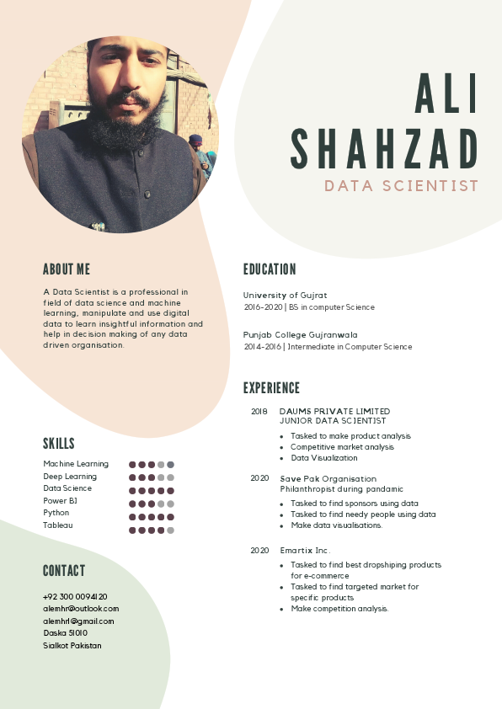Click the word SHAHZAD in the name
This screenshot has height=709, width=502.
tap(385, 149)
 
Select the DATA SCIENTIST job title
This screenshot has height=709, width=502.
tap(401, 186)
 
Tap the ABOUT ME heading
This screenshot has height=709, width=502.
tap(67, 269)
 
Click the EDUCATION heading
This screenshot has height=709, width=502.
tap(270, 269)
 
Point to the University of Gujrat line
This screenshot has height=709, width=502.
tap(285, 296)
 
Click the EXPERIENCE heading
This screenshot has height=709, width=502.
tap(271, 388)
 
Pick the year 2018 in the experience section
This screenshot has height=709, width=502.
tap(259, 411)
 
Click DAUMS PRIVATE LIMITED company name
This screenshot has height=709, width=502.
tap(334, 411)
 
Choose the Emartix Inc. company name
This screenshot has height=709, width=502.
tap(305, 550)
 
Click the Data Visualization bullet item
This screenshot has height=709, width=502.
tap(324, 458)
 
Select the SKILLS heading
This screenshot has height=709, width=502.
tap(59, 444)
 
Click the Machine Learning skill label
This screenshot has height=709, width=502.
tap(76, 464)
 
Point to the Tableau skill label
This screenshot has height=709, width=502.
tap(58, 525)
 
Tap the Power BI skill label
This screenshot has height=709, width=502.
tap(60, 500)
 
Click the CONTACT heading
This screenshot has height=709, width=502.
tap(64, 571)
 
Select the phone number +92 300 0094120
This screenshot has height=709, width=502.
tap(75, 596)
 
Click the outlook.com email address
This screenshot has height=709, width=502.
tap(81, 608)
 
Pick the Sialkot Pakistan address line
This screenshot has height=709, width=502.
tap(72, 645)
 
